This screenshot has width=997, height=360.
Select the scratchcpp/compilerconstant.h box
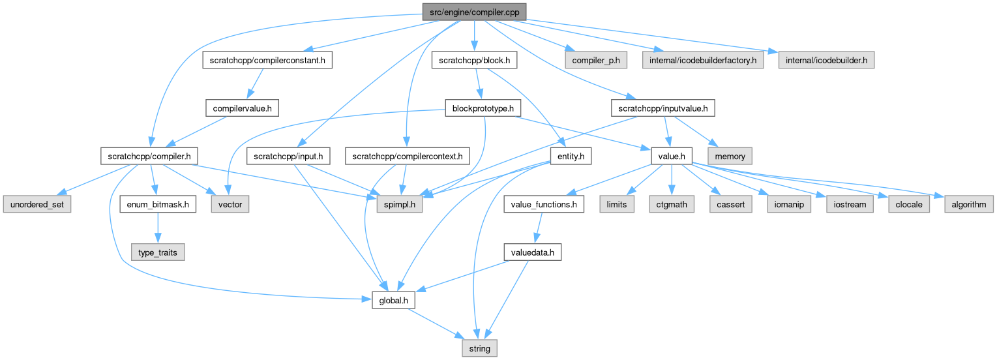[x=268, y=60]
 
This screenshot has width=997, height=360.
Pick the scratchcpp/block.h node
[x=474, y=60]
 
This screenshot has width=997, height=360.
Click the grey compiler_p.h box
[x=596, y=60]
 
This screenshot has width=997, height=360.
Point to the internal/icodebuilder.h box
[x=826, y=60]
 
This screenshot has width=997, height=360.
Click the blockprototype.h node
[x=479, y=108]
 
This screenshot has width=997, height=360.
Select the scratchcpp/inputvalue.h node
[x=663, y=108]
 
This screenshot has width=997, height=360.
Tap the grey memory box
[x=730, y=157]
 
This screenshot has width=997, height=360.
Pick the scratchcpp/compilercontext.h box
[x=408, y=157]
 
